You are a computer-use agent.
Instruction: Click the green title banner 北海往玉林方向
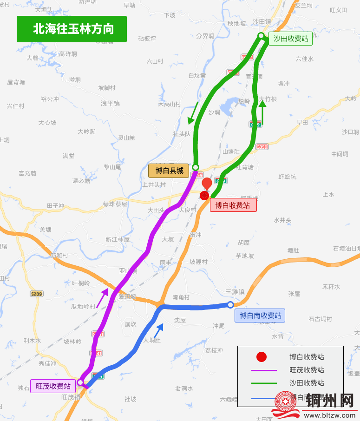72,29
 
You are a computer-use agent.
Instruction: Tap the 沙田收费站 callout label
291,39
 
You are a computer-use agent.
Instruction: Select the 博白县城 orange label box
169,171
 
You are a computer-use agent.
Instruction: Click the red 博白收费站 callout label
233,205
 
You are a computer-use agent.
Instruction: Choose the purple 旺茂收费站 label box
53,386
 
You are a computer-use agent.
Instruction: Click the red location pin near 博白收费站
206,184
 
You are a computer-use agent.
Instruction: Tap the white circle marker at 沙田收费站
261,36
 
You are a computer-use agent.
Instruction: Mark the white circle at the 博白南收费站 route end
230,305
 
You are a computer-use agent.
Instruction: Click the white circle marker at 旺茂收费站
80,382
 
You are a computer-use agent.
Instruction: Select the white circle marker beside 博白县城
196,167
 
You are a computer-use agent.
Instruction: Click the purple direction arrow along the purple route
103,297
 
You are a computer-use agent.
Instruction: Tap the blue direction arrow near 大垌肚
158,330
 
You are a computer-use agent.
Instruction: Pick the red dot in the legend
262,357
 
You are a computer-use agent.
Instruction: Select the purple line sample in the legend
264,370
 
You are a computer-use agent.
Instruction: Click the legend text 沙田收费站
307,383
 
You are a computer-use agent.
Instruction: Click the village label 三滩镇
235,292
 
